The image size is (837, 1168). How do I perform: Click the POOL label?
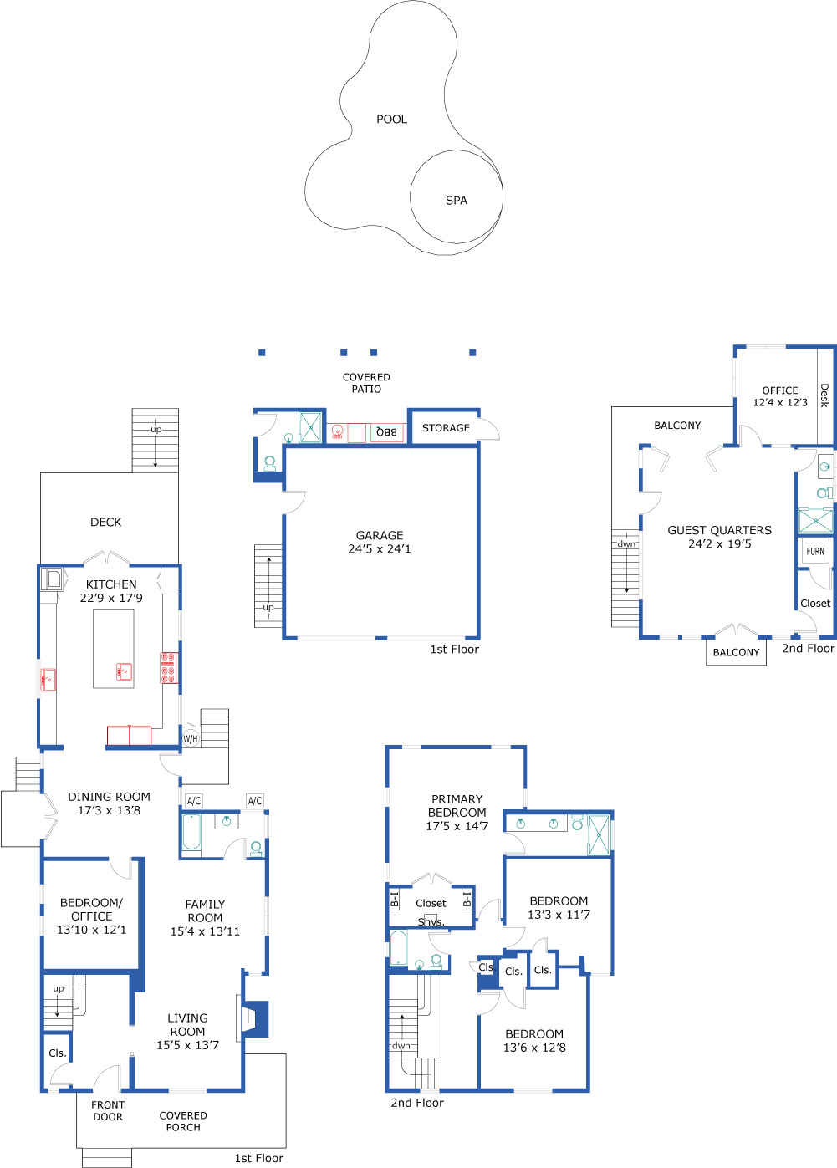point(391,120)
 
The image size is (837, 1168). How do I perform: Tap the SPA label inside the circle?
point(457,201)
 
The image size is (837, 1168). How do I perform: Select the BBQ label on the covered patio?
point(386,431)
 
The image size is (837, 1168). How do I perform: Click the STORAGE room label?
point(446,428)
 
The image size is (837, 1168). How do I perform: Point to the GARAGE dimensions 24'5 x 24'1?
point(380,549)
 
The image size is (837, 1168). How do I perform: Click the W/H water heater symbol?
point(191,739)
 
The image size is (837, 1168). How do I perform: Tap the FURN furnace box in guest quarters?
point(815,551)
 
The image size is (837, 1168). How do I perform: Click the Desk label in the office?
point(824,395)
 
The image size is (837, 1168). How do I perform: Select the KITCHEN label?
point(111,584)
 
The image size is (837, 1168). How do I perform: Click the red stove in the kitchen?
point(168,668)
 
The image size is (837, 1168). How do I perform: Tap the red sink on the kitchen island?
point(124,671)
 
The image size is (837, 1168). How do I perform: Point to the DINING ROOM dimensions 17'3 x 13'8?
point(109,810)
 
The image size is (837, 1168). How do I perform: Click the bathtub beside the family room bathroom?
point(191,834)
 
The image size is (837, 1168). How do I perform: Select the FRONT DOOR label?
point(108,1110)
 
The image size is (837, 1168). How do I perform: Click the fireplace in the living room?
point(253,1018)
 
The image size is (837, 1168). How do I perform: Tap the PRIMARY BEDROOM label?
point(457,806)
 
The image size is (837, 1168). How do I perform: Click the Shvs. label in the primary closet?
point(431,922)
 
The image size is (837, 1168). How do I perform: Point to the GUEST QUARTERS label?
point(719,530)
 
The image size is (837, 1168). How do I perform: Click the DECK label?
point(106,523)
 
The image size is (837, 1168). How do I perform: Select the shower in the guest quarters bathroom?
point(815,520)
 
